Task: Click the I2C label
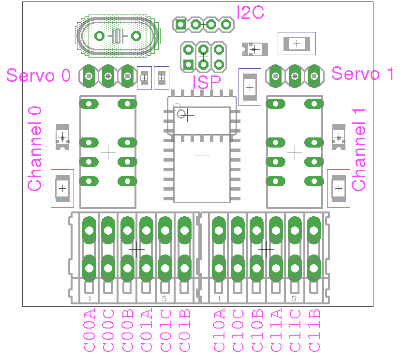pos(250,13)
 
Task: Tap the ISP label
pos(207,82)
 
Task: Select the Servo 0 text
pos(38,75)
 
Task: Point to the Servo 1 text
pos(362,74)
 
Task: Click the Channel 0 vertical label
pos(34,149)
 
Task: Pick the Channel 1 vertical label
pos(358,150)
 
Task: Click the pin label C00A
pos(90,330)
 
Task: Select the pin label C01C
pos(166,330)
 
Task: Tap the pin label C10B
pos(257,330)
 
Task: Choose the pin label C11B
pos(314,330)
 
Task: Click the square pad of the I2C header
pos(180,25)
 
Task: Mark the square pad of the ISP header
pos(188,64)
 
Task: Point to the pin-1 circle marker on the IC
pos(181,114)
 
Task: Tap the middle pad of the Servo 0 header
pos(108,76)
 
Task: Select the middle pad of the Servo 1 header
pos(295,76)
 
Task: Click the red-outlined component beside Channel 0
pos(62,189)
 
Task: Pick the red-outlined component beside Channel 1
pos(339,189)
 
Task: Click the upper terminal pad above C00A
pos(89,230)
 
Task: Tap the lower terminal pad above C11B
pos(314,268)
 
